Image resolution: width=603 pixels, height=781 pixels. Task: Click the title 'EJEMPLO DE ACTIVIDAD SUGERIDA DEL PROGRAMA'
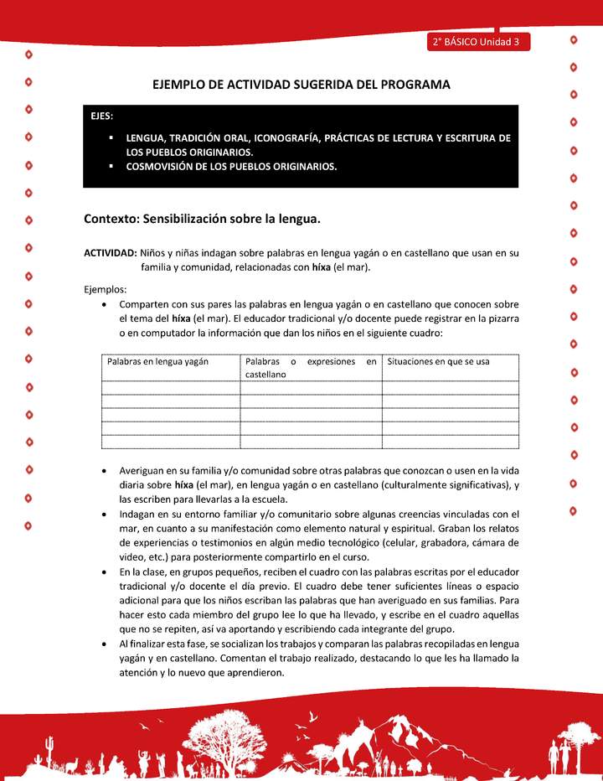click(x=301, y=85)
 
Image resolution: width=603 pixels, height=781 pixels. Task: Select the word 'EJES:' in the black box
click(x=103, y=116)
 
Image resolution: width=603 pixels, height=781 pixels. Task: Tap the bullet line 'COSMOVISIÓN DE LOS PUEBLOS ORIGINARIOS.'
click(x=231, y=166)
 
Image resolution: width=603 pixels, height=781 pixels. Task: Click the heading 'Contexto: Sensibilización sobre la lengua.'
click(x=203, y=219)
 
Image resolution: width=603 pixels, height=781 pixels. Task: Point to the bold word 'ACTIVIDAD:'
click(x=111, y=252)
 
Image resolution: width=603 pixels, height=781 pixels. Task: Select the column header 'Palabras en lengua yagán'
click(x=157, y=362)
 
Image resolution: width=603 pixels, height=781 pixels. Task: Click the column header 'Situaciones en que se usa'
click(x=438, y=362)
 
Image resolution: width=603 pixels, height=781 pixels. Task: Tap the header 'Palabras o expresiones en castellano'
click(x=311, y=368)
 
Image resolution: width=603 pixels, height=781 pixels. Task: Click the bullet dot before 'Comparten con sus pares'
click(x=103, y=304)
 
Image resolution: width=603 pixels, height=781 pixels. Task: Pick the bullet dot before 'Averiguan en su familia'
click(x=103, y=473)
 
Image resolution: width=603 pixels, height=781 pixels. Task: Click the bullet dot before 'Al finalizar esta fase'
click(x=103, y=644)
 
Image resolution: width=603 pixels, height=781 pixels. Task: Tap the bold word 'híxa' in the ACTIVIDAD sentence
click(x=321, y=267)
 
